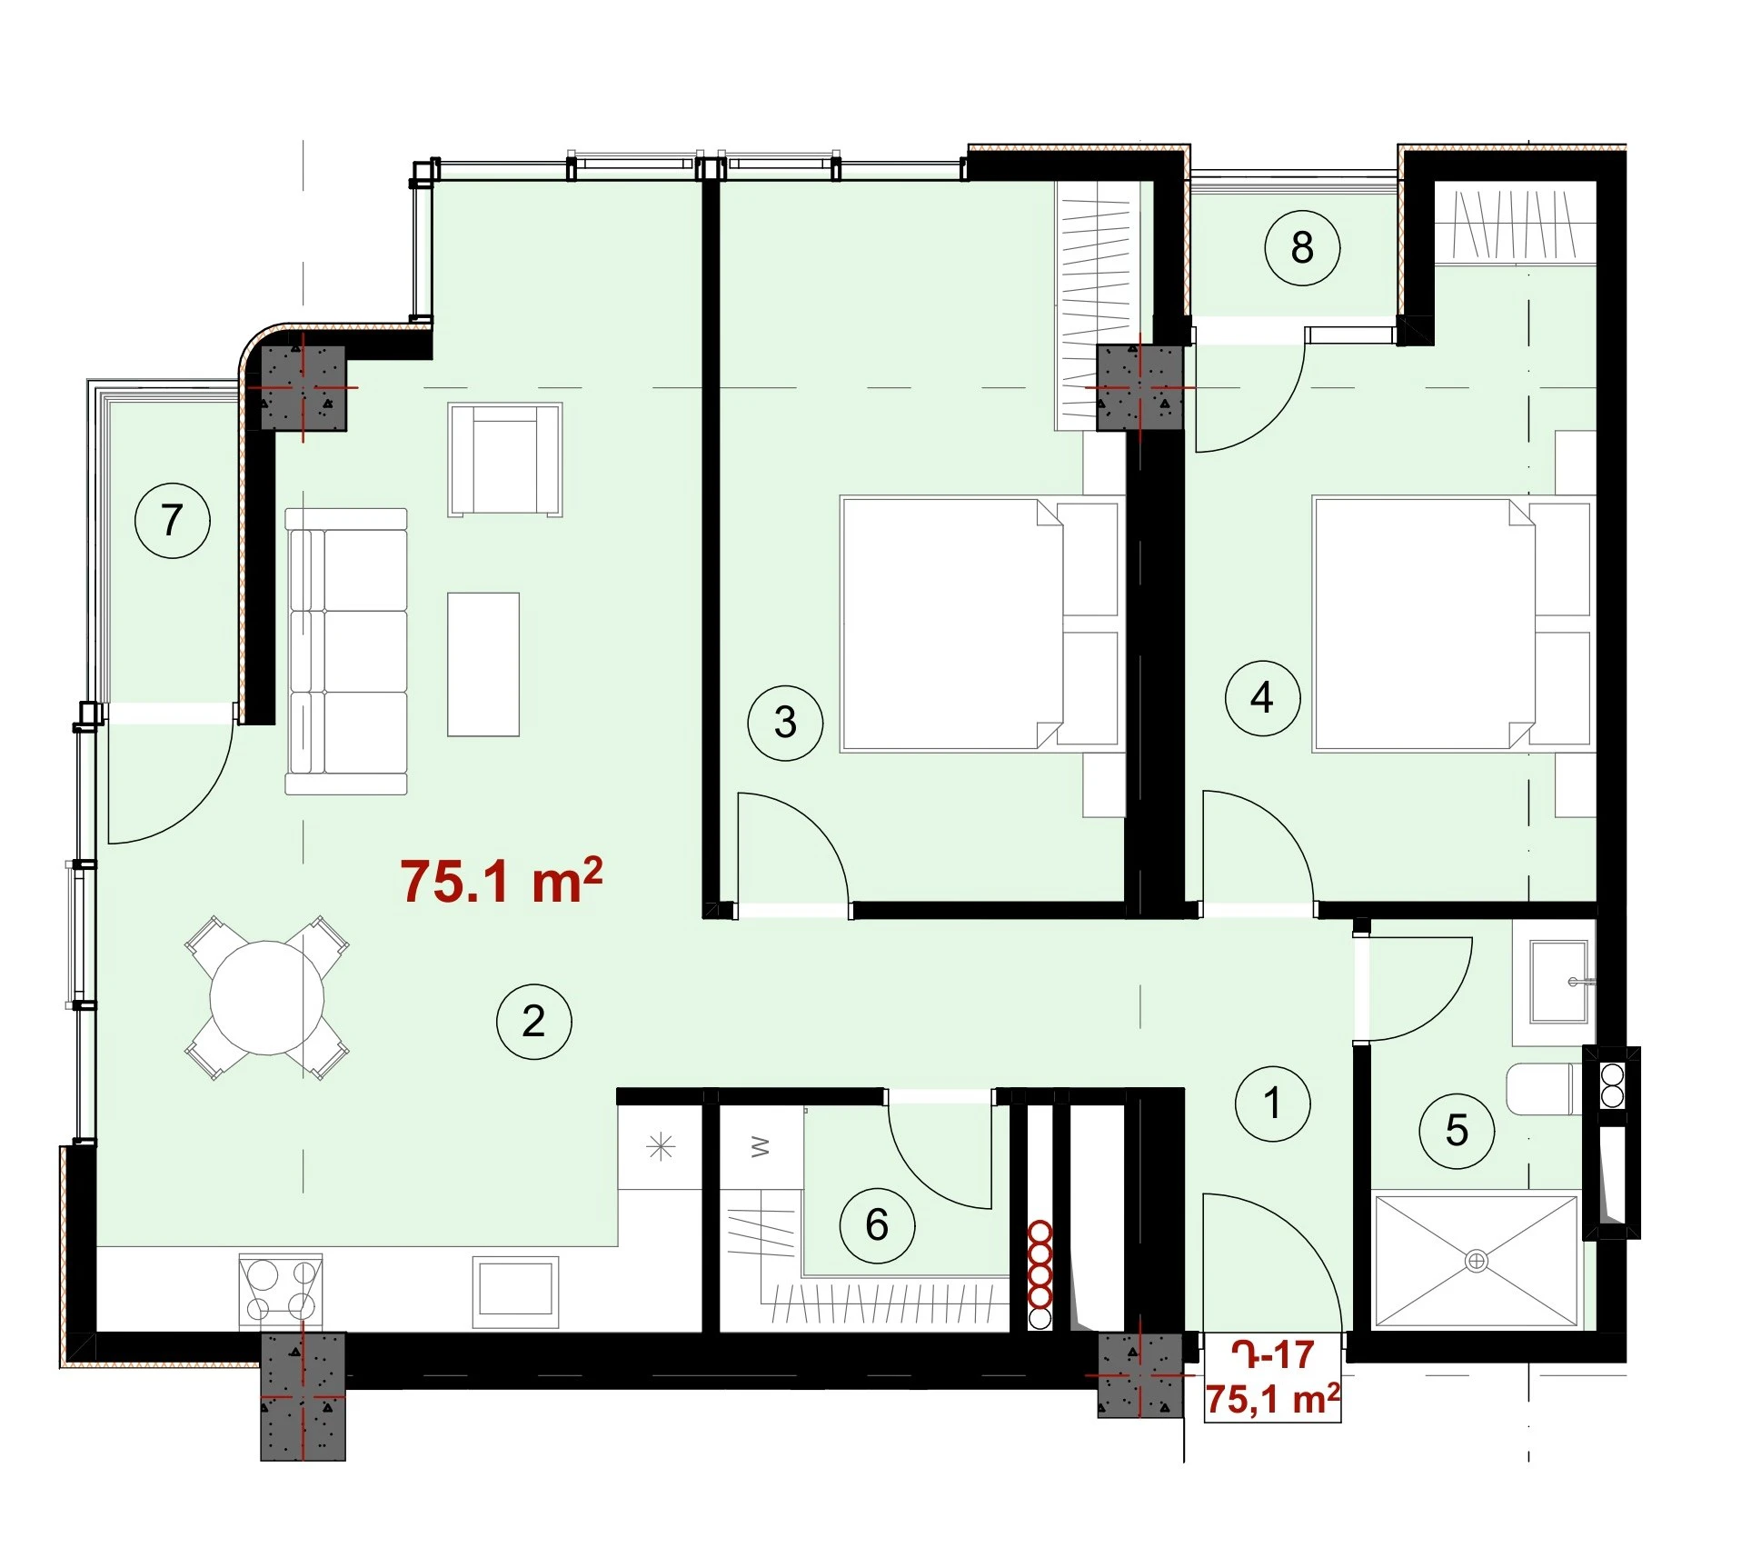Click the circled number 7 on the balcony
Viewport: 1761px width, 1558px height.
click(x=172, y=520)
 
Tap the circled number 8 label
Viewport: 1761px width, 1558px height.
click(x=1302, y=247)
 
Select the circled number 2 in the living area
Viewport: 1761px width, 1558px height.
click(x=533, y=1021)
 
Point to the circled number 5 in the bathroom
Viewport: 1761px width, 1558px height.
click(x=1457, y=1131)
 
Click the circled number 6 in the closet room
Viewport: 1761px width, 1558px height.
click(x=877, y=1224)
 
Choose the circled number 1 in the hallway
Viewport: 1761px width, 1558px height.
click(x=1272, y=1104)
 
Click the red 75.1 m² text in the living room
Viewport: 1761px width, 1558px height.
click(x=502, y=880)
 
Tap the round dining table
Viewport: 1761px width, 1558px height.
click(x=267, y=997)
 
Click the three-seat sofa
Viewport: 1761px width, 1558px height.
click(x=346, y=651)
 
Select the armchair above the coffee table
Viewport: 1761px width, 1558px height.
click(x=505, y=460)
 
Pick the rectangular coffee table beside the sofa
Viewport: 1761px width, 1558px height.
click(x=483, y=664)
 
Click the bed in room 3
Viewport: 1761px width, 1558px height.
click(x=980, y=624)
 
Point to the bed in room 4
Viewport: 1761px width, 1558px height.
click(x=1452, y=624)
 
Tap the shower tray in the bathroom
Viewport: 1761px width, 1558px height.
click(x=1477, y=1261)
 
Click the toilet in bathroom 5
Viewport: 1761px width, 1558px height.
click(x=1539, y=1090)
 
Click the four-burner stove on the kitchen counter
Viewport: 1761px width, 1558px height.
click(x=280, y=1292)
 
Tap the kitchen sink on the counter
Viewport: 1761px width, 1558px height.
click(x=516, y=1291)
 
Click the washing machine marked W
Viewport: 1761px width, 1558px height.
click(x=761, y=1147)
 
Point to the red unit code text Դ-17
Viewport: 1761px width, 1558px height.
click(x=1272, y=1355)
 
